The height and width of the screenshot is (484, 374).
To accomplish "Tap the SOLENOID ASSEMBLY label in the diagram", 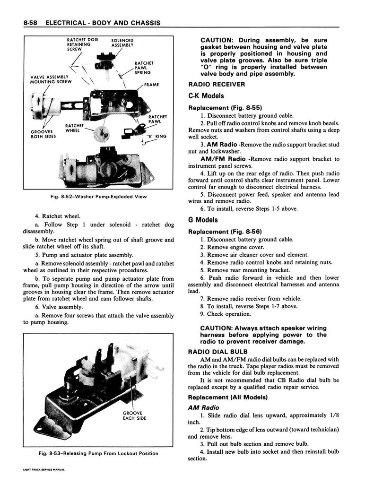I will pyautogui.click(x=122, y=43).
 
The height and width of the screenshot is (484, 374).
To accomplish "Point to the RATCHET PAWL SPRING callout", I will pyautogui.click(x=143, y=68).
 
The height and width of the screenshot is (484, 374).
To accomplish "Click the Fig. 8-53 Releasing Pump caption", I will pyautogui.click(x=99, y=453).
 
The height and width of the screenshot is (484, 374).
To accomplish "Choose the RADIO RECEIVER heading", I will pyautogui.click(x=217, y=84).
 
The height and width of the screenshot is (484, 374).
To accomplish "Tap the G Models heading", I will pyautogui.click(x=203, y=220).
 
